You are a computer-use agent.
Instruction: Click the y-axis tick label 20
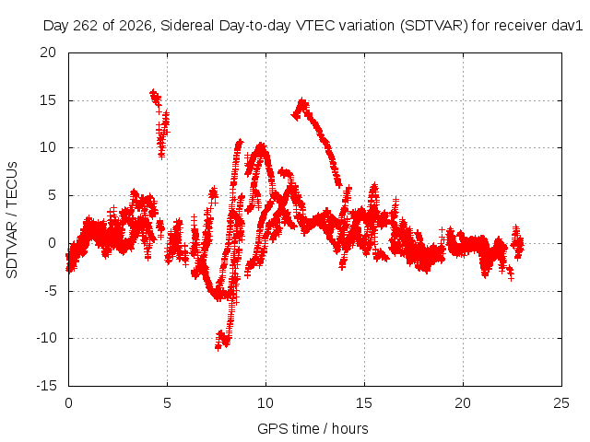pos(48,52)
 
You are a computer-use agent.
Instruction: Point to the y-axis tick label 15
pos(48,100)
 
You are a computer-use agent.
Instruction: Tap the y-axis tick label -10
pos(46,338)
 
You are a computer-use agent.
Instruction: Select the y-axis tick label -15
pos(46,386)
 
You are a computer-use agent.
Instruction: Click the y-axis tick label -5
pos(50,291)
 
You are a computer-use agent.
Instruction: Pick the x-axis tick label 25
pos(561,403)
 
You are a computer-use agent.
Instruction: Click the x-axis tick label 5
pos(167,403)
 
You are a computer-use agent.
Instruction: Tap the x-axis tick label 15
pos(364,403)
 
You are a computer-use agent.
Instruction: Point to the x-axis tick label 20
pos(463,403)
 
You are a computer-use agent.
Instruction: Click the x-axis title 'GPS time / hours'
pos(313,429)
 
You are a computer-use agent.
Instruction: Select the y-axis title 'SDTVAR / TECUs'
pos(12,220)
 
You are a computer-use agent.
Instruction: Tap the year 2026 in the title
pos(135,26)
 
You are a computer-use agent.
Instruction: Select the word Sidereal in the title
pos(187,26)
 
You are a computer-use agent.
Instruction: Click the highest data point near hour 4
pos(153,93)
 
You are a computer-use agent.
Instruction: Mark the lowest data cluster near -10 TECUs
pos(223,340)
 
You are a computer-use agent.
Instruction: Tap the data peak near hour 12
pos(302,101)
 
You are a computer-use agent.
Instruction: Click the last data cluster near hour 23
pos(517,243)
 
